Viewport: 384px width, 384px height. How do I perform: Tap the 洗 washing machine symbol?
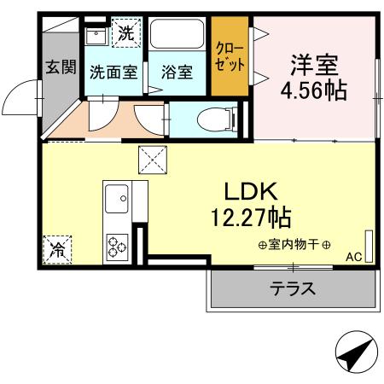click(125, 34)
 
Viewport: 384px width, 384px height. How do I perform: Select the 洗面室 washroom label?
click(113, 73)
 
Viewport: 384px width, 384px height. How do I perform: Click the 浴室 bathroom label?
click(175, 73)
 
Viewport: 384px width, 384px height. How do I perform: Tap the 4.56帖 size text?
click(314, 90)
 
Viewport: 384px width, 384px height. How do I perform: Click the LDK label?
click(249, 189)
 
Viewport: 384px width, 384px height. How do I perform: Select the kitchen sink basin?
click(115, 203)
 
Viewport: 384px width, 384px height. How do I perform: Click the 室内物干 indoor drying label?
click(294, 245)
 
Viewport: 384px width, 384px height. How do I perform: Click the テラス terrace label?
click(294, 289)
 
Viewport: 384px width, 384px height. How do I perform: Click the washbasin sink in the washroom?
click(96, 36)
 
